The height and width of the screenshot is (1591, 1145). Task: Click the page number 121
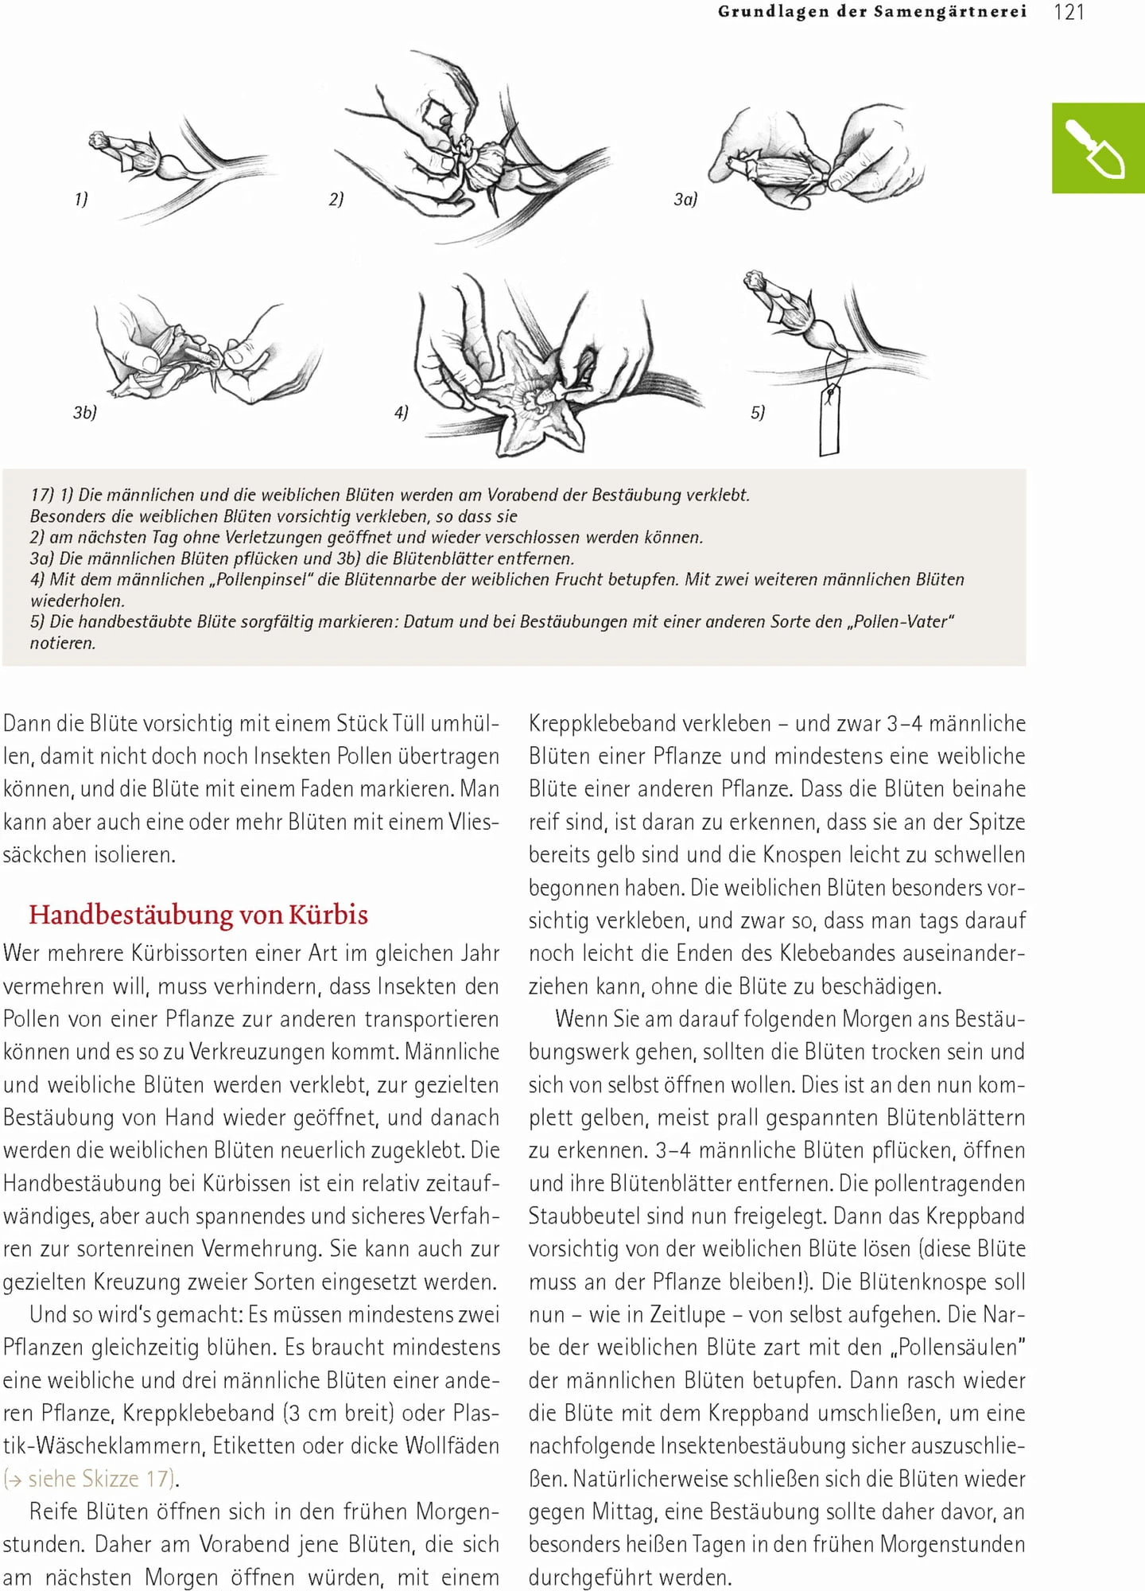point(1069,12)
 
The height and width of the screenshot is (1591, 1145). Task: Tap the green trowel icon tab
point(1098,148)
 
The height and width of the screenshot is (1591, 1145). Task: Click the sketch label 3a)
point(685,199)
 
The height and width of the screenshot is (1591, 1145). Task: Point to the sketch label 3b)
point(84,412)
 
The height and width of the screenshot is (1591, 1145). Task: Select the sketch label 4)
point(401,412)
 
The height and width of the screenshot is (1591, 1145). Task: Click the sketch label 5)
point(758,412)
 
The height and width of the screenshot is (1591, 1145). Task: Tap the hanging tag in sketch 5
point(829,419)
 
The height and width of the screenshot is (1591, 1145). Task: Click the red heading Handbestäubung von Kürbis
point(198,915)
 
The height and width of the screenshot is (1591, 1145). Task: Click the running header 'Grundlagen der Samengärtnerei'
point(871,12)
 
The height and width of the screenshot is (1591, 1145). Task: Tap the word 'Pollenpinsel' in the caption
point(260,580)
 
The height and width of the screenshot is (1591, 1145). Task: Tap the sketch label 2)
point(336,199)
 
